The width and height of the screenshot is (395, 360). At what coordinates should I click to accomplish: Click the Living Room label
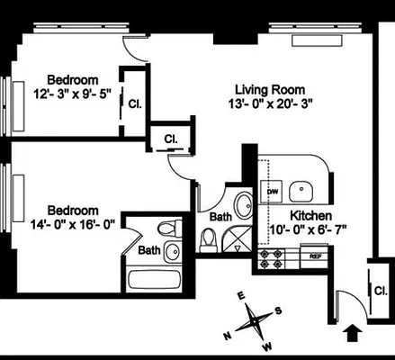[270, 89]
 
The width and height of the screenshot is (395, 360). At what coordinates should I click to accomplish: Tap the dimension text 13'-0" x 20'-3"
[270, 103]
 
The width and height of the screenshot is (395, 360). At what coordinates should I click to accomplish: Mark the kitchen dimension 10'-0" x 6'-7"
[307, 230]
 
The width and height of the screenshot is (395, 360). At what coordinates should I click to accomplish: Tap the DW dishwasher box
[272, 192]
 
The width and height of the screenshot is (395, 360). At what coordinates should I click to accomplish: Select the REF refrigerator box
[316, 256]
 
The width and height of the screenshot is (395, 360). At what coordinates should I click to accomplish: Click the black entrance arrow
[353, 334]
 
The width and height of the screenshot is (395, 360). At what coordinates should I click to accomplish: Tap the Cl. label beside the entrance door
[380, 290]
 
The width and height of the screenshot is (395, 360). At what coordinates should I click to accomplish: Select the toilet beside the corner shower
[209, 238]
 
